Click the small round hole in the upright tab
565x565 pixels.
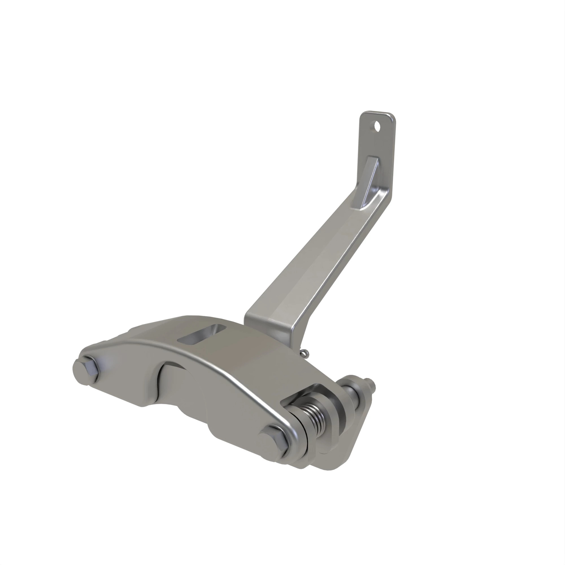pyautogui.click(x=377, y=127)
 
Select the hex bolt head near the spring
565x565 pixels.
pyautogui.click(x=273, y=442)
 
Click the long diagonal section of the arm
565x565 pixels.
pyautogui.click(x=316, y=257)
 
